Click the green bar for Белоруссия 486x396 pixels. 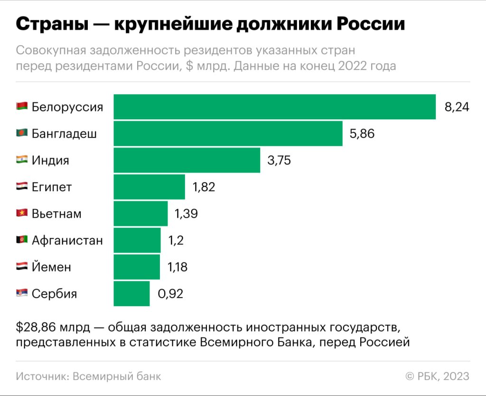[x=274, y=107]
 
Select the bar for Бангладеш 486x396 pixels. [x=228, y=134]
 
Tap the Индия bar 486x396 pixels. [x=187, y=160]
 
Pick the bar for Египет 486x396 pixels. [x=149, y=187]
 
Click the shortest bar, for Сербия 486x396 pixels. [x=131, y=294]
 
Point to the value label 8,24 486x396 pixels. [x=457, y=107]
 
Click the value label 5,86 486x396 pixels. [x=362, y=134]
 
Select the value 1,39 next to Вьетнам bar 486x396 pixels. [x=186, y=214]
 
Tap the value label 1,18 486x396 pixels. [x=178, y=267]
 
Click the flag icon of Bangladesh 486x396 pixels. [x=22, y=134]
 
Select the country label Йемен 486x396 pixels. [x=51, y=267]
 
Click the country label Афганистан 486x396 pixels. [x=67, y=241]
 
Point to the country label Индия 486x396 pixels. [x=50, y=160]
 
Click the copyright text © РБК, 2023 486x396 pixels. [x=437, y=377]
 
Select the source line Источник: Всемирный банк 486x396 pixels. [x=88, y=377]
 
